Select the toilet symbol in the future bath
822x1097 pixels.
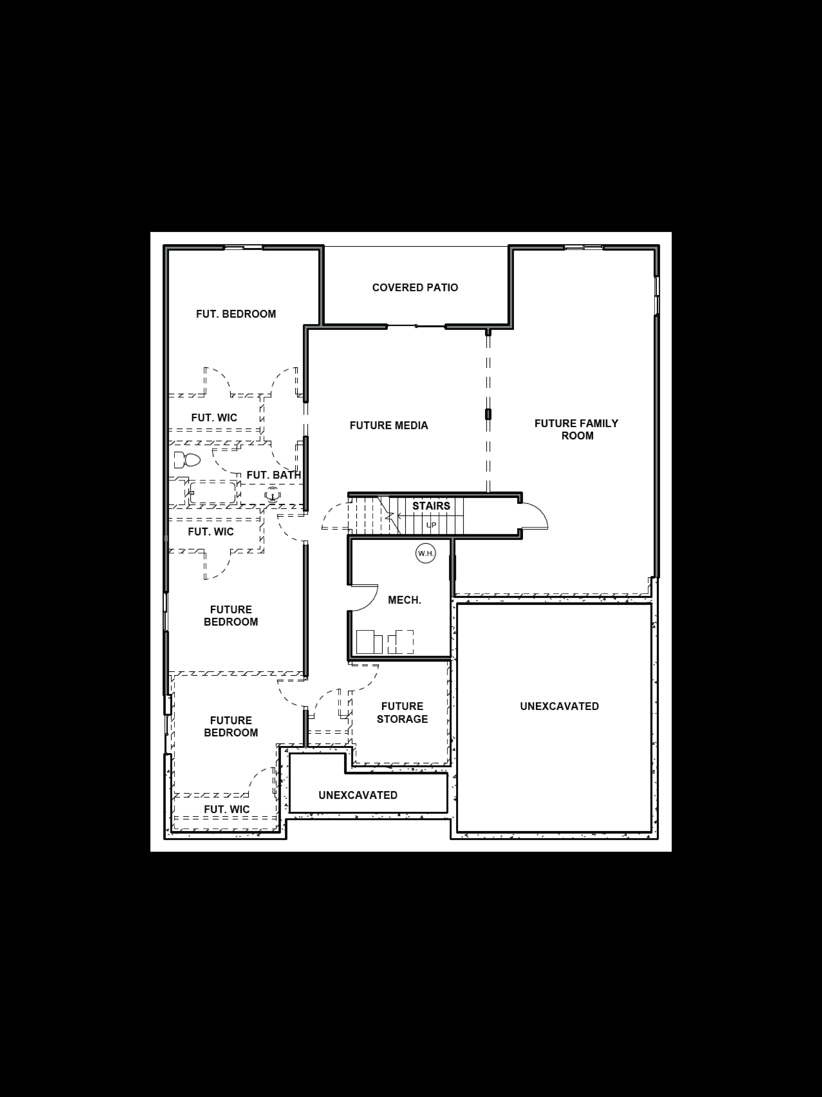click(187, 460)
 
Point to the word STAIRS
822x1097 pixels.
click(431, 506)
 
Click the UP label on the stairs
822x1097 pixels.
click(431, 525)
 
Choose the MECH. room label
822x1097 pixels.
click(404, 600)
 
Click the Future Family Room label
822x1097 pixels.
click(577, 429)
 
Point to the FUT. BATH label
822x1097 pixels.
click(274, 475)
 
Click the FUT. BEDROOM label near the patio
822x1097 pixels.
click(236, 314)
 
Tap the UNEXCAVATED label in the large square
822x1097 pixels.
click(559, 706)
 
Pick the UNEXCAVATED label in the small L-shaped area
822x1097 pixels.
click(358, 795)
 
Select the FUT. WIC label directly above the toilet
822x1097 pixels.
click(214, 418)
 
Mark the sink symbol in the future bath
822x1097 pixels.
click(272, 495)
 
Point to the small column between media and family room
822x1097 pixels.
click(488, 414)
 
